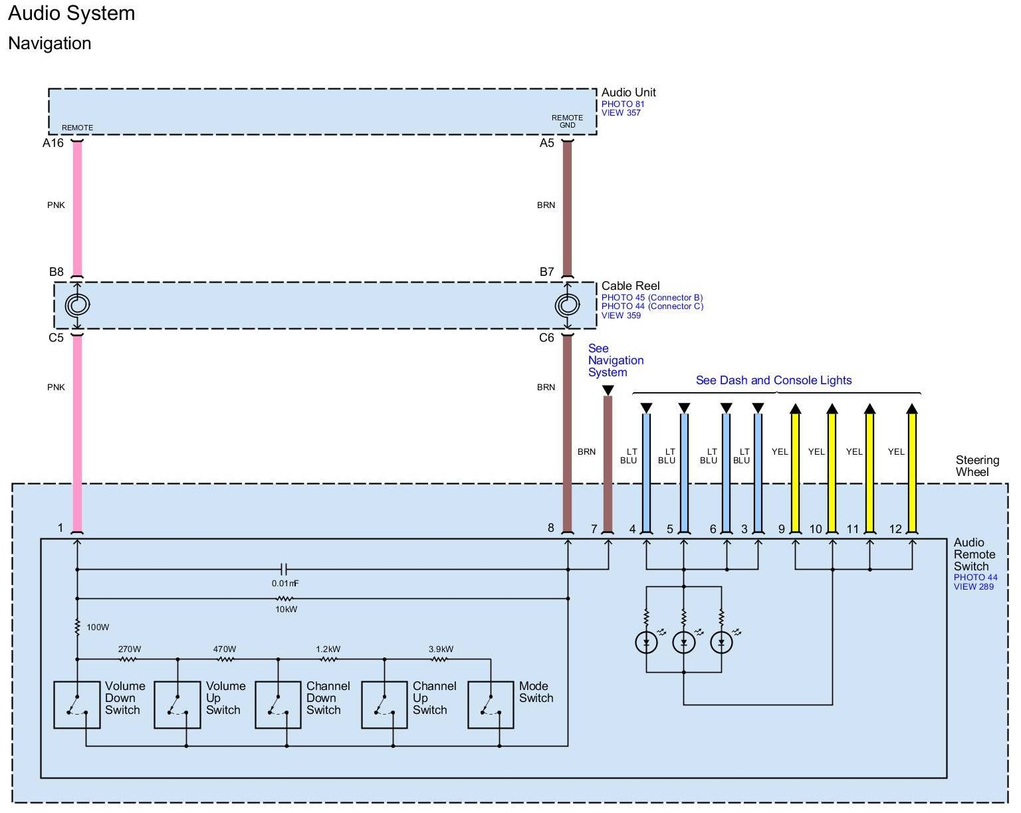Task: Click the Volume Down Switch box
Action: point(77,705)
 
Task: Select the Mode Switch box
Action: point(491,705)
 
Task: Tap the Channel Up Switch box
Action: point(384,705)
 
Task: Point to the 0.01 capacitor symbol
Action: point(284,569)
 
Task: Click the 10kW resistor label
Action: point(286,610)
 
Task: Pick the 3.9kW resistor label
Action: point(441,649)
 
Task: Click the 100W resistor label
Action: point(98,627)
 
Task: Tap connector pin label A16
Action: point(53,143)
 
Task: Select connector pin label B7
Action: point(546,272)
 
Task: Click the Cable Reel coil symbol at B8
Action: point(77,305)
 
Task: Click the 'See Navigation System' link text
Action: point(616,360)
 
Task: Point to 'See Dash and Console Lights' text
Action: point(774,380)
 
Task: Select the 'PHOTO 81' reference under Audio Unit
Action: point(623,104)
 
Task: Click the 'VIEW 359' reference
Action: point(621,316)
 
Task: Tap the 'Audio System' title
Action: point(72,14)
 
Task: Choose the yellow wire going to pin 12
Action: point(912,472)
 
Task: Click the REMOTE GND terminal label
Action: point(567,122)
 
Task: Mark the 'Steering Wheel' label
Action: point(977,466)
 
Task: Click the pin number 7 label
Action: point(594,529)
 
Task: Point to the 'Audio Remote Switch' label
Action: point(974,554)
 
